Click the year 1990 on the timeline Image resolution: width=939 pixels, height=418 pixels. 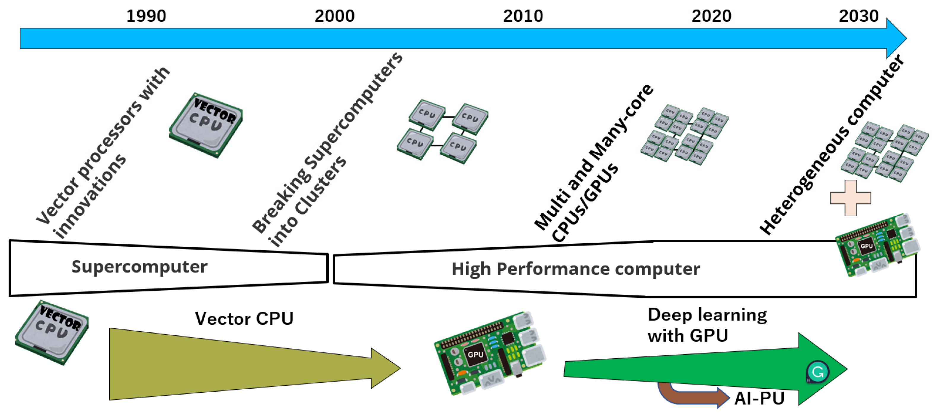(x=146, y=16)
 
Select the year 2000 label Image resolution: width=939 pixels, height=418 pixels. (x=334, y=16)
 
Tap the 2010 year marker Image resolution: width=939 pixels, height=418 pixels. (x=523, y=16)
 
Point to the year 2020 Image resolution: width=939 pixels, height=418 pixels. (x=711, y=16)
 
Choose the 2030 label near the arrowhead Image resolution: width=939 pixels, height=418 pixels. (x=858, y=16)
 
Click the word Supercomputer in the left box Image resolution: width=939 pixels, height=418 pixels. (x=139, y=267)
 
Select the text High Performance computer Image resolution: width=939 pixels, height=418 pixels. (x=576, y=269)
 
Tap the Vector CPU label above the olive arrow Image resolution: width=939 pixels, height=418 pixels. (x=244, y=318)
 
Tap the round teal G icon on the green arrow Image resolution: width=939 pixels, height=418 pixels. (x=817, y=372)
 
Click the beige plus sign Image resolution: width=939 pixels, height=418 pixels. (x=850, y=198)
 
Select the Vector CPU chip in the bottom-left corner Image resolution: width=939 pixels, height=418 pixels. (x=52, y=332)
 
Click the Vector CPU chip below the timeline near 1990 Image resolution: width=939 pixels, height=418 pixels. (x=206, y=125)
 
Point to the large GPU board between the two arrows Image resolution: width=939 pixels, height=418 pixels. (x=490, y=353)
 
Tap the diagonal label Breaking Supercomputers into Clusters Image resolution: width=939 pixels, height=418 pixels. (x=321, y=153)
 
